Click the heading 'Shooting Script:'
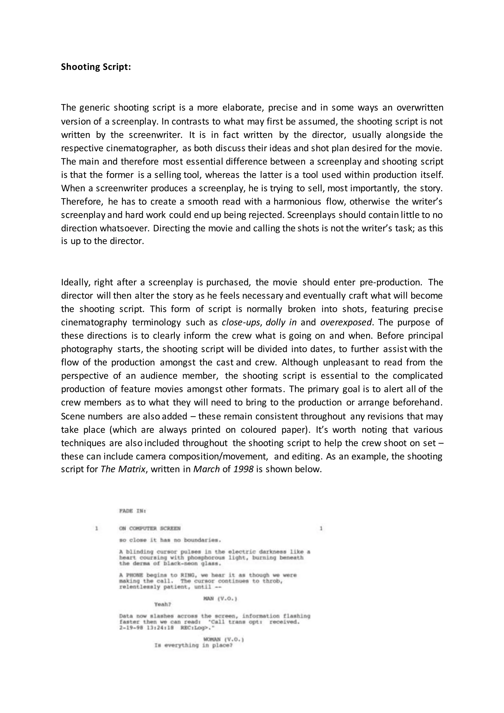point(95,67)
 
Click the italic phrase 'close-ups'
point(240,322)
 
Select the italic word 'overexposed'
point(346,322)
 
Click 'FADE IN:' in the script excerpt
point(132,511)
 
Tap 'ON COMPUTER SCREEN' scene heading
point(150,528)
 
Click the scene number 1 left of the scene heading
point(96,528)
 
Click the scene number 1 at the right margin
point(321,528)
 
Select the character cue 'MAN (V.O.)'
point(220,599)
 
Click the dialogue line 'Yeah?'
point(162,604)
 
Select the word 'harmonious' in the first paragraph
point(297,202)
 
